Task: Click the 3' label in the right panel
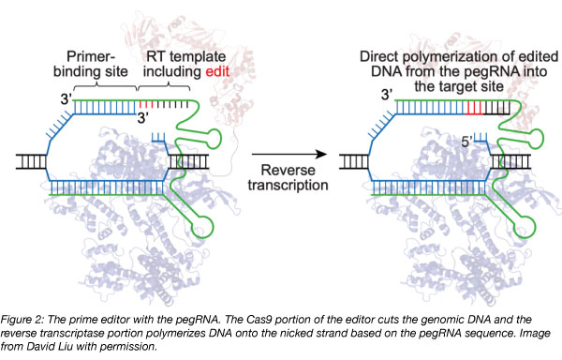click(386, 95)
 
